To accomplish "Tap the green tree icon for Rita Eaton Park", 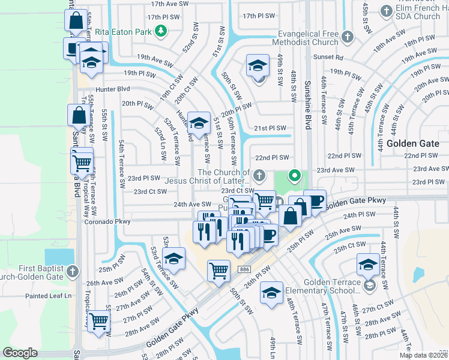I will (160, 30).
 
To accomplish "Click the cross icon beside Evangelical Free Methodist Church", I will (347, 38).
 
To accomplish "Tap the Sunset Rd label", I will (331, 58).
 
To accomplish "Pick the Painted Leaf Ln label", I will (48, 296).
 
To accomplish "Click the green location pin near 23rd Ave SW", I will (294, 176).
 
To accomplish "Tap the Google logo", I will (20, 353).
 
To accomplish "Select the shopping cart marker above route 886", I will (219, 270).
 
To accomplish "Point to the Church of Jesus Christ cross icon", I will (259, 176).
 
